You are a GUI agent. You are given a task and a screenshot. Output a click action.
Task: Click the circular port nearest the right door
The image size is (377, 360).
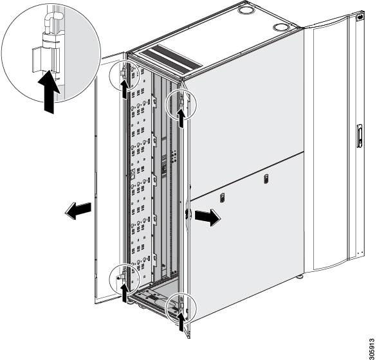(x=280, y=28)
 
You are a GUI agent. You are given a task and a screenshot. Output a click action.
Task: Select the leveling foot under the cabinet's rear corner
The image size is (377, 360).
(x=302, y=278)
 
